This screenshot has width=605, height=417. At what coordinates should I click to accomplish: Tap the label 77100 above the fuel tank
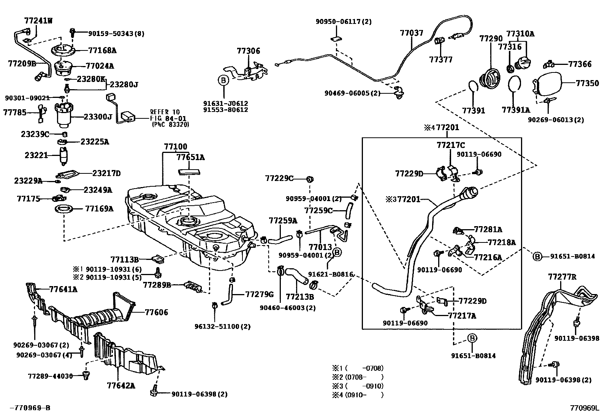click(176, 147)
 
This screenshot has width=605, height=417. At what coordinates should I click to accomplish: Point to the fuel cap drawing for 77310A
click(522, 64)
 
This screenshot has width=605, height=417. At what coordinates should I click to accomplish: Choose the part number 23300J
click(98, 117)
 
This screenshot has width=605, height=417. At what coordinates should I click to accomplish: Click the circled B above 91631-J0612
click(223, 80)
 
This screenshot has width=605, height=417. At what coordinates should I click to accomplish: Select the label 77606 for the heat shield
click(156, 312)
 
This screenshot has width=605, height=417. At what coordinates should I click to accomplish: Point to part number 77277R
click(562, 277)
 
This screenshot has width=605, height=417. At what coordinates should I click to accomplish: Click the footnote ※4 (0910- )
click(358, 395)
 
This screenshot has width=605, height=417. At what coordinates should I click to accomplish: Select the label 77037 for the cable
click(411, 33)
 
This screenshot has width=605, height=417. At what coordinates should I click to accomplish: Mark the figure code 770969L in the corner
click(584, 408)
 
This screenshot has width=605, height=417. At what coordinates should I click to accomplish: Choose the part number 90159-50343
click(116, 33)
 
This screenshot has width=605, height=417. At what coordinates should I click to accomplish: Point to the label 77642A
click(121, 386)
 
